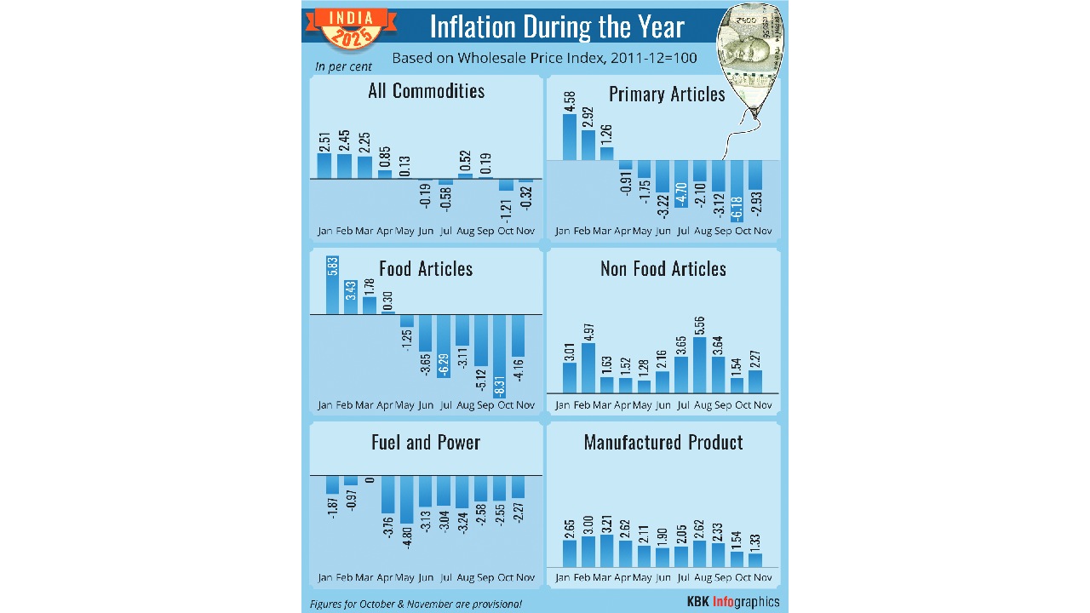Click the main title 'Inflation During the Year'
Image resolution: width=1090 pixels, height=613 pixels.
(x=557, y=26)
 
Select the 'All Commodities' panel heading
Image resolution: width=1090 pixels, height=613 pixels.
(x=426, y=91)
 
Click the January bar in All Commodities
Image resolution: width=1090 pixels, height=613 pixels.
(x=324, y=165)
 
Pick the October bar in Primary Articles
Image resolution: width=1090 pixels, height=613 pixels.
(x=737, y=192)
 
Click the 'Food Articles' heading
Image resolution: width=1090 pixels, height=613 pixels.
(x=426, y=269)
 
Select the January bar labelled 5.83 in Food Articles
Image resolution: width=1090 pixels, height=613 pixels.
(x=332, y=285)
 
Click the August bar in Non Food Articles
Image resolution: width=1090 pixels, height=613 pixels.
(x=700, y=364)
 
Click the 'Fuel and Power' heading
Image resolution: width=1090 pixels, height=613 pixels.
(x=426, y=443)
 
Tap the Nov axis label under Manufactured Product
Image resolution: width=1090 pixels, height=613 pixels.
(x=762, y=577)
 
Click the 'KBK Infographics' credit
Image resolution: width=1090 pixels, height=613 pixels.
(x=732, y=602)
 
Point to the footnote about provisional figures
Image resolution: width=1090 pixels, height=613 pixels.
(x=416, y=604)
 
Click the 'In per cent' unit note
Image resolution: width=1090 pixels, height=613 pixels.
(x=343, y=66)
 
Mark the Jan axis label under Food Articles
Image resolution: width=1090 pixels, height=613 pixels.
(x=324, y=404)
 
